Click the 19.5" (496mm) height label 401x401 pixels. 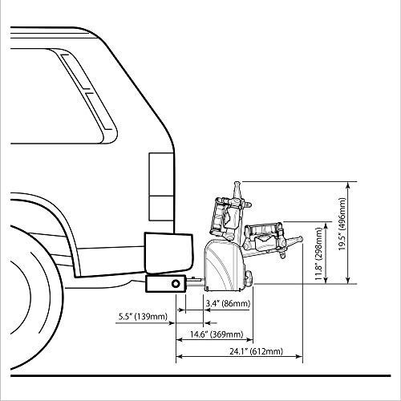(x=342, y=224)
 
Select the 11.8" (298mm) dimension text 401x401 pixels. (x=318, y=253)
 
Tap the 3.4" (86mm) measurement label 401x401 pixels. (x=228, y=303)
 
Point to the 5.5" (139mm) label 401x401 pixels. (x=143, y=317)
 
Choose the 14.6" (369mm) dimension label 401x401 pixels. (x=217, y=334)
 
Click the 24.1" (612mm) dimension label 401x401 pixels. (x=256, y=351)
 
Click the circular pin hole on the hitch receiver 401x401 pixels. (x=176, y=283)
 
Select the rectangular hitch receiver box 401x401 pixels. (x=166, y=283)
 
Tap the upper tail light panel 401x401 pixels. (x=161, y=174)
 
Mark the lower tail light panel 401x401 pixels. (x=161, y=209)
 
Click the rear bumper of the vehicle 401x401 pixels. (x=168, y=253)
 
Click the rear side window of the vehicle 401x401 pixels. (x=62, y=96)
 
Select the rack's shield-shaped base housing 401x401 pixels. (x=224, y=265)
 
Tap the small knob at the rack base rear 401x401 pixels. (x=249, y=278)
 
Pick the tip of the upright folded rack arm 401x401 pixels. (x=237, y=183)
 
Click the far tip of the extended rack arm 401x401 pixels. (x=302, y=238)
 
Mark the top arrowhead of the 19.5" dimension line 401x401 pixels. (x=347, y=184)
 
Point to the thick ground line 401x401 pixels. (x=200, y=375)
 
